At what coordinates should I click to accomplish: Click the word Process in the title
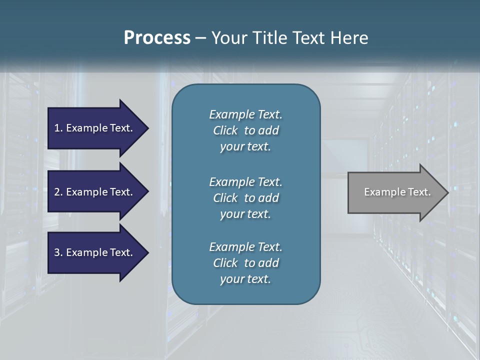pyautogui.click(x=157, y=37)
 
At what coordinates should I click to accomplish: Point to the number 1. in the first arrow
pyautogui.click(x=58, y=128)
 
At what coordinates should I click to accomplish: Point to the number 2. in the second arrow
pyautogui.click(x=58, y=192)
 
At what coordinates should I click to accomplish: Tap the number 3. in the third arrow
pyautogui.click(x=58, y=252)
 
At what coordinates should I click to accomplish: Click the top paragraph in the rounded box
pyautogui.click(x=245, y=130)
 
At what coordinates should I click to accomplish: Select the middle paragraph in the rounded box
pyautogui.click(x=245, y=197)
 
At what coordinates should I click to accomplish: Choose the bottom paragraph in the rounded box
pyautogui.click(x=245, y=263)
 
